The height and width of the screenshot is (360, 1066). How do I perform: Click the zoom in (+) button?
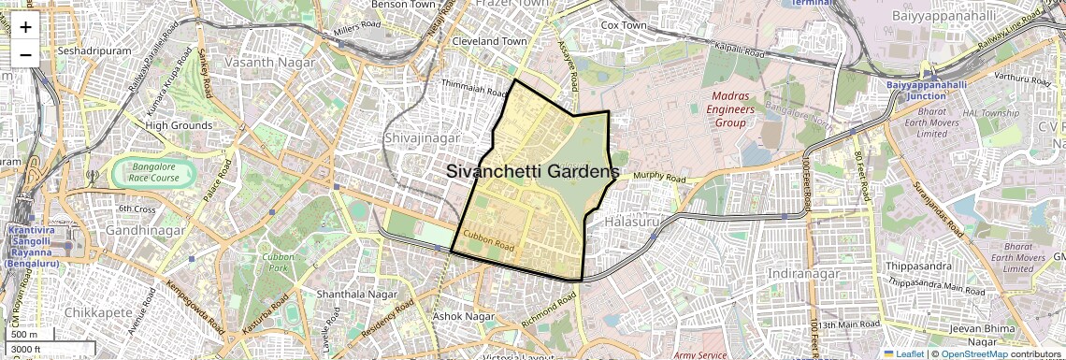25,27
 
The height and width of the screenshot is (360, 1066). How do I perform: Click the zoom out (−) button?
25,54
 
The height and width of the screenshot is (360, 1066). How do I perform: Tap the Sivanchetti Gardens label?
532,172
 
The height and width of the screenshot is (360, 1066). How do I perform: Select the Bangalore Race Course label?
153,172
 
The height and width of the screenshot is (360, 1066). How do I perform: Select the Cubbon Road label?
489,240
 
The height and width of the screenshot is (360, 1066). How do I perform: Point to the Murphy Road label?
660,178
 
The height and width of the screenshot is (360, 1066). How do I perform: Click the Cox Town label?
624,25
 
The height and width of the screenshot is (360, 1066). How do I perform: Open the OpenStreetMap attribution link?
973,353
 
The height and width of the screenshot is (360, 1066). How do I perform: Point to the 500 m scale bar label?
24,334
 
